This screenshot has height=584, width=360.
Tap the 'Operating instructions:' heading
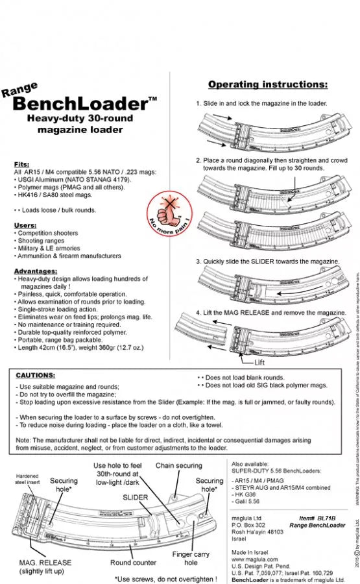[267, 84]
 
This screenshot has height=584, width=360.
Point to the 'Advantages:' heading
[33, 270]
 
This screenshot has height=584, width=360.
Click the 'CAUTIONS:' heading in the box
[35, 375]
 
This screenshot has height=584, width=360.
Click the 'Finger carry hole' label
[191, 559]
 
